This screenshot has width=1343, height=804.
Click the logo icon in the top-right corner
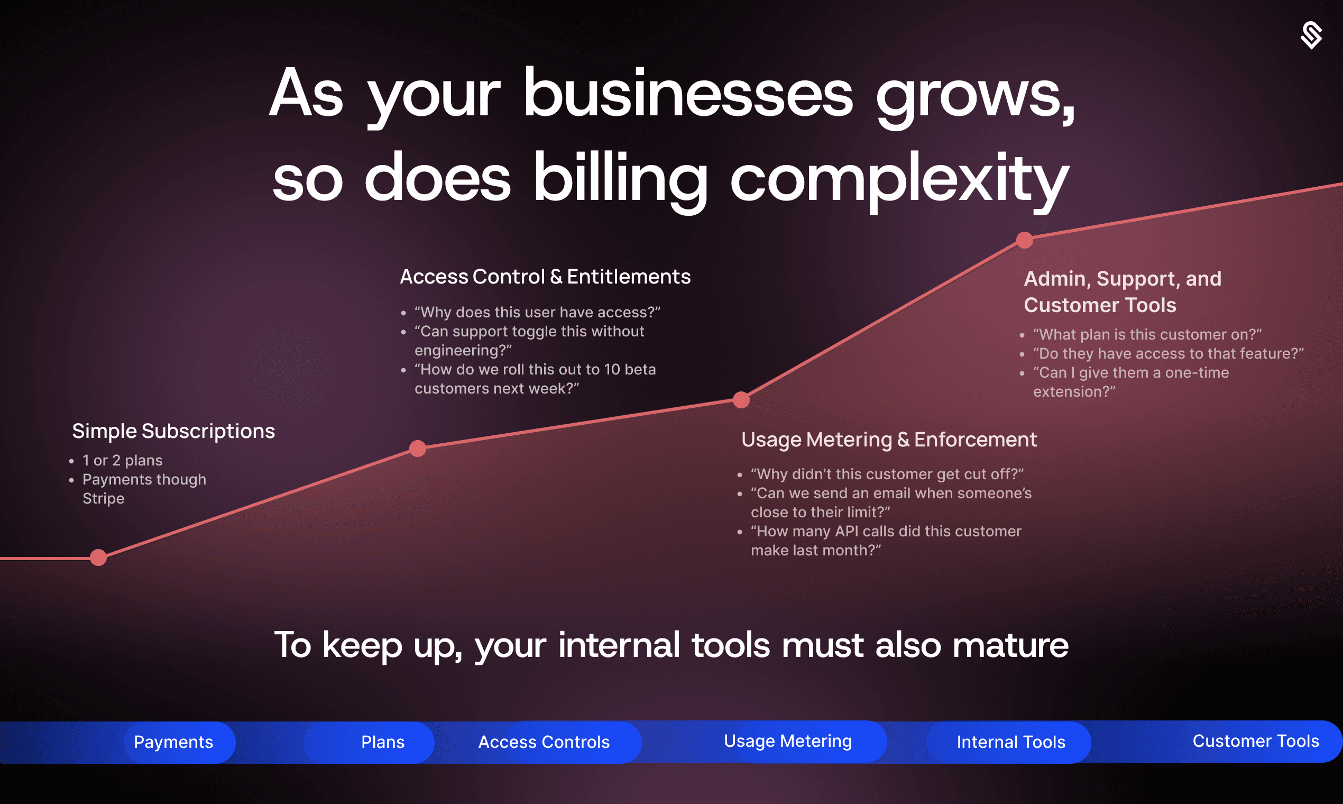coord(1311,36)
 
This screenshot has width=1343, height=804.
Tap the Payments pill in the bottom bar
coord(173,742)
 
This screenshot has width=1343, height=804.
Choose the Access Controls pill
coord(544,742)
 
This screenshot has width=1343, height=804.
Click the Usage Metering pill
coord(788,741)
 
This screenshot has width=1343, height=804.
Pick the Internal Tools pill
coord(1010,742)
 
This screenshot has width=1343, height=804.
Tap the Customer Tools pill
coord(1255,741)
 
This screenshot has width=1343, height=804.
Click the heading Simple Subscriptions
coord(173,431)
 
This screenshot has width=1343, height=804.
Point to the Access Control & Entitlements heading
coord(545,277)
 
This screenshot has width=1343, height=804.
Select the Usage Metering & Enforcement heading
coord(889,440)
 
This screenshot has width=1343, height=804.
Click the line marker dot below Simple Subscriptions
coord(98,558)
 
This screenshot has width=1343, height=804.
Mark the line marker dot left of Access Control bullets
coord(418,449)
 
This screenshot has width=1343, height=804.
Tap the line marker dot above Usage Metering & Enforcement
coord(741,400)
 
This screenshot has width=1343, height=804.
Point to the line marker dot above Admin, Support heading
coord(1025,240)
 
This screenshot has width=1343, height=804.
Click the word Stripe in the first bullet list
coord(104,498)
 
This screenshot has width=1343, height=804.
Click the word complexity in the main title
coord(899,179)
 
